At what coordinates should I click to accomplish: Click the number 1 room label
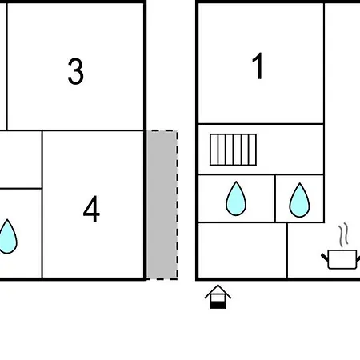tap(258, 66)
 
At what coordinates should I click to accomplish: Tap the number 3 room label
tap(76, 71)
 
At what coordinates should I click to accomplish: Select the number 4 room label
tap(91, 209)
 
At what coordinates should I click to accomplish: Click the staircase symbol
tap(233, 150)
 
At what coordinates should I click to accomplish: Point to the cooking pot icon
tap(342, 258)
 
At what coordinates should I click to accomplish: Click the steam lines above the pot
tap(343, 234)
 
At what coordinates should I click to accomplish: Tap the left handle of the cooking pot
tap(325, 257)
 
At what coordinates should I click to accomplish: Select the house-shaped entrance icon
tap(218, 297)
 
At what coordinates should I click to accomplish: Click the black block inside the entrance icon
tap(218, 305)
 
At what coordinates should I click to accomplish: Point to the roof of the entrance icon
tap(218, 291)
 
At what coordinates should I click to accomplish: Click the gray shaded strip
tap(162, 205)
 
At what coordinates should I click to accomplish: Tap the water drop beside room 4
tap(7, 236)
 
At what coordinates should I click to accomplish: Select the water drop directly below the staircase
tap(236, 198)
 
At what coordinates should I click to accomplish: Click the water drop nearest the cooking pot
tap(299, 200)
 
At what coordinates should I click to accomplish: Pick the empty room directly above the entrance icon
tap(242, 250)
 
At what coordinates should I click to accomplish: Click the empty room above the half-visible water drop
tap(21, 159)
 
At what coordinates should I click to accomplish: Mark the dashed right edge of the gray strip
tap(177, 205)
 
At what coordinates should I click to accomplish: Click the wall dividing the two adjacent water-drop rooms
tap(275, 198)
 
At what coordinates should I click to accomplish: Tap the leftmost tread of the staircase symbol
tap(214, 150)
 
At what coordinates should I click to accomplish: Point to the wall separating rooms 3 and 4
tap(93, 130)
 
